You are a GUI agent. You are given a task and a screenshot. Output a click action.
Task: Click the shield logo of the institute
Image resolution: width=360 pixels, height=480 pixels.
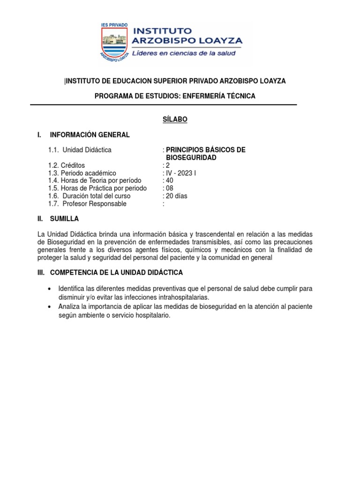coord(115,42)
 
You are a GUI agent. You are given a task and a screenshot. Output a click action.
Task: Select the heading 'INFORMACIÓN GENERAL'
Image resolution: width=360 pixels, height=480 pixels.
coord(90,135)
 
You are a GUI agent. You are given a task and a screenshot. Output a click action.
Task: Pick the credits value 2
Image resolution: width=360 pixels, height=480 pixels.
coord(167,165)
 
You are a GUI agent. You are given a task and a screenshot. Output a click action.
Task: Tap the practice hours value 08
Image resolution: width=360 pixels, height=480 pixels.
coord(169,188)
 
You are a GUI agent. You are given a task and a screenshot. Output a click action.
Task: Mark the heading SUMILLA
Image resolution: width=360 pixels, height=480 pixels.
coord(64,219)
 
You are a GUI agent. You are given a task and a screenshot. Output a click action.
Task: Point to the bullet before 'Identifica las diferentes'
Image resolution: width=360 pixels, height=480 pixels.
coord(50,288)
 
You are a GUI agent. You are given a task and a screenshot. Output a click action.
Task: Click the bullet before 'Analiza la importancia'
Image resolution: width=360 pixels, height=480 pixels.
coord(50,307)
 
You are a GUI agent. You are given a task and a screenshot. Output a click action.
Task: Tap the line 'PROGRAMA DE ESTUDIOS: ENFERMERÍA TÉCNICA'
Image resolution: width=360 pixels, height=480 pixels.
coord(175,96)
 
